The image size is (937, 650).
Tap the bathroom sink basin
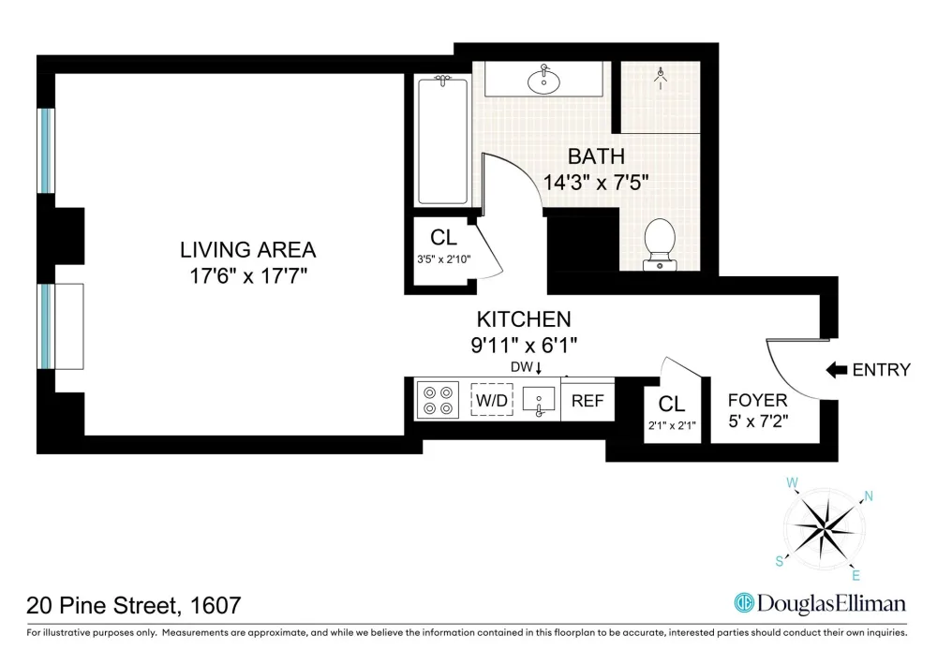[x=543, y=81]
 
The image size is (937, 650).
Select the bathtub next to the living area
[x=443, y=141]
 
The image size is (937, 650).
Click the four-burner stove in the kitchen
[x=438, y=400]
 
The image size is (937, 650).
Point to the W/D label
[x=492, y=400]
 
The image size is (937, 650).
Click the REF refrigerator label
[x=587, y=401]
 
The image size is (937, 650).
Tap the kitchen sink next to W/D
[x=539, y=400]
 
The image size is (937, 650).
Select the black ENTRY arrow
[x=837, y=370]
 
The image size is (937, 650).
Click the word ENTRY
[x=882, y=370]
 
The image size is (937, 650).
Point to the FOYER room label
[x=758, y=400]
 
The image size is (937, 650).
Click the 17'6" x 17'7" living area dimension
[x=248, y=276]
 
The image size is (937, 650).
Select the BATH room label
[x=596, y=156]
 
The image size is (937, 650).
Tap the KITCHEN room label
[x=524, y=319]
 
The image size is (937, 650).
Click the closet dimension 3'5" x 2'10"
[x=444, y=259]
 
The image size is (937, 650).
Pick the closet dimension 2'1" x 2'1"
[x=672, y=426]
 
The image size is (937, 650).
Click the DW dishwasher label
[x=522, y=367]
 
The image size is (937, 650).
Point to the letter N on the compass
[x=869, y=495]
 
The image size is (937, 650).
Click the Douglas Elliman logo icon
[x=743, y=603]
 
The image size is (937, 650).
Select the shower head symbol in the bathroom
[x=661, y=77]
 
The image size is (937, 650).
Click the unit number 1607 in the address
[x=216, y=606]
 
